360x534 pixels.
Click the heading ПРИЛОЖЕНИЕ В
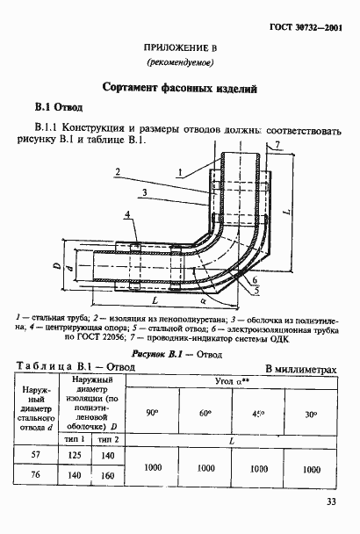click(x=180, y=51)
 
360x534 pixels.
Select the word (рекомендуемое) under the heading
click(x=180, y=65)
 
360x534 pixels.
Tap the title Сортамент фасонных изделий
click(x=179, y=88)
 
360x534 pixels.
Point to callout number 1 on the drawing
click(x=179, y=172)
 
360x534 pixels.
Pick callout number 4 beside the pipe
click(x=127, y=213)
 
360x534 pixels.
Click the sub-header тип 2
click(x=109, y=437)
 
